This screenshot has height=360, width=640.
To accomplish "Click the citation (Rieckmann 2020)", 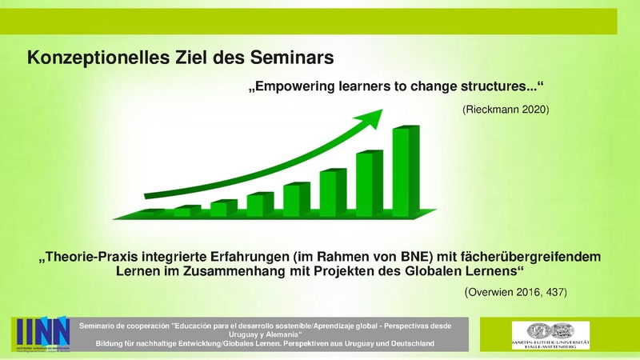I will pyautogui.click(x=506, y=109).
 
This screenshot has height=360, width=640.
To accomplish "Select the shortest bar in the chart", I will pyautogui.click(x=151, y=213).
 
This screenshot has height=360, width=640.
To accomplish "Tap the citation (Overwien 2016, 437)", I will pyautogui.click(x=515, y=294).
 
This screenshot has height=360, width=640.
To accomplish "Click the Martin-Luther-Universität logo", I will pyautogui.click(x=550, y=334).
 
